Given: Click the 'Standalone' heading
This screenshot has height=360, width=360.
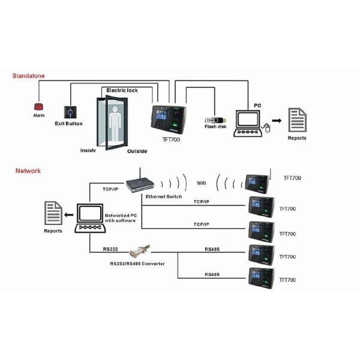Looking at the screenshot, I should [29, 76].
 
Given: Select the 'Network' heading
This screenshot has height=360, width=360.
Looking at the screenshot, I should [28, 170].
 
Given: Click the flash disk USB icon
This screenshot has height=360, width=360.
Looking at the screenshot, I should [214, 119].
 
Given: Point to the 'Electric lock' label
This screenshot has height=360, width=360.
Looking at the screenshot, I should [122, 90].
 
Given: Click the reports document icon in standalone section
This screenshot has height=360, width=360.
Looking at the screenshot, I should [296, 120].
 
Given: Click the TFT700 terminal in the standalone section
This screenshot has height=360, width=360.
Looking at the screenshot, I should [169, 118].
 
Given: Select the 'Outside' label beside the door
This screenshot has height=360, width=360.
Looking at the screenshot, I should [137, 151].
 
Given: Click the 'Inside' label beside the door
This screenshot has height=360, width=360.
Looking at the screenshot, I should [88, 150].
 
